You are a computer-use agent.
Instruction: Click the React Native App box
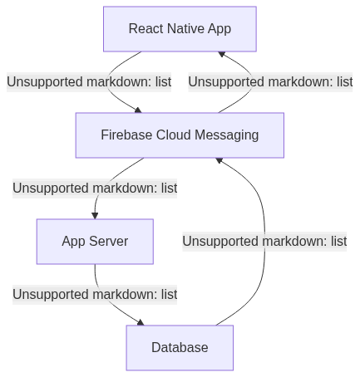point(180,29)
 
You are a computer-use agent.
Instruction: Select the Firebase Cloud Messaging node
point(180,135)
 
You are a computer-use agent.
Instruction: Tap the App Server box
point(95,242)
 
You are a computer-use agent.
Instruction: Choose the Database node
point(180,348)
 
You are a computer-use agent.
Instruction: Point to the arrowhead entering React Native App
point(221,54)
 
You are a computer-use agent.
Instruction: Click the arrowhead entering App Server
point(95,216)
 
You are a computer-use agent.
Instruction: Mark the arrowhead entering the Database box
point(141,322)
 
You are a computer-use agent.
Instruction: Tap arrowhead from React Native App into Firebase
point(138,110)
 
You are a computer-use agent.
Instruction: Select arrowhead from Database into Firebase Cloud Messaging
point(219,160)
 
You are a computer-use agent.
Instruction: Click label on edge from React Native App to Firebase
point(89,82)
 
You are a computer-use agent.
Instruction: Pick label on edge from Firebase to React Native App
point(270,82)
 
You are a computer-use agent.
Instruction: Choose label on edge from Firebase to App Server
point(95,188)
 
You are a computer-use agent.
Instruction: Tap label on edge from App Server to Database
point(95,295)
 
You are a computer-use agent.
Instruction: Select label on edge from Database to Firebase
point(264,242)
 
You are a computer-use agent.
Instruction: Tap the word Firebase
point(126,135)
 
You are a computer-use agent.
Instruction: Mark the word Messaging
point(227,135)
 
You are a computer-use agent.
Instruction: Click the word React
point(146,28)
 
